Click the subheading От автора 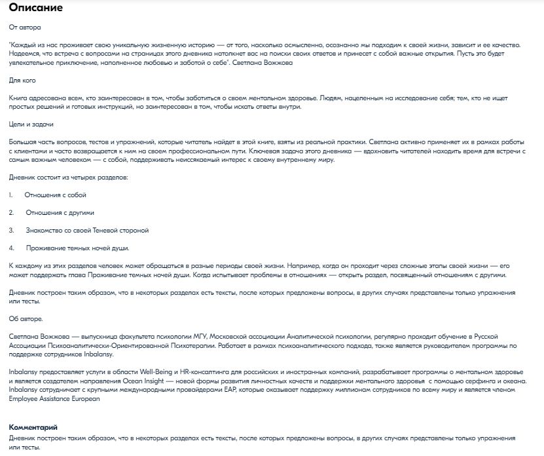click(x=24, y=28)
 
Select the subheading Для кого click(x=23, y=80)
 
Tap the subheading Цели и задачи click(x=31, y=124)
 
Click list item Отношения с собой click(x=55, y=195)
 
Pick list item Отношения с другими click(x=60, y=213)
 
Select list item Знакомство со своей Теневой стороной click(x=88, y=231)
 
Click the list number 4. click(x=11, y=248)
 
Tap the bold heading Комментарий click(x=32, y=427)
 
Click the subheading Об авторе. click(x=26, y=318)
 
